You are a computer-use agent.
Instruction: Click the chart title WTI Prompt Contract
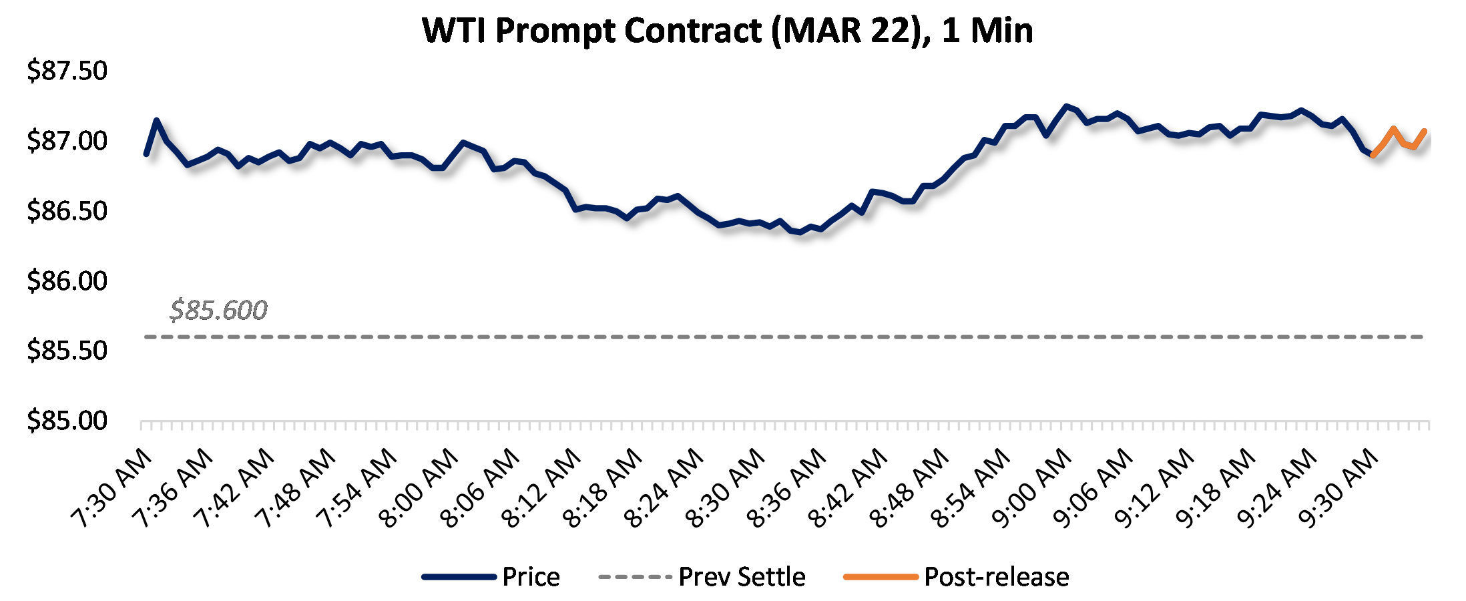[x=728, y=31]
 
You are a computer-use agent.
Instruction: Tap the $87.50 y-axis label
[x=67, y=71]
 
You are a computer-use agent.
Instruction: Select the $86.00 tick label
[x=67, y=280]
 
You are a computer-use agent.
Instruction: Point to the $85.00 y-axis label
[x=67, y=421]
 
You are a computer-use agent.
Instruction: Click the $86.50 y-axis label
[x=67, y=210]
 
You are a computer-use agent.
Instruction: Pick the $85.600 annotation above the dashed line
[x=218, y=311]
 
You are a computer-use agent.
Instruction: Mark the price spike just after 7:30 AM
[x=157, y=121]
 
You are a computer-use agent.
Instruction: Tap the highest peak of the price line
[x=1066, y=106]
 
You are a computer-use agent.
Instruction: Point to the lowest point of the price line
[x=800, y=232]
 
